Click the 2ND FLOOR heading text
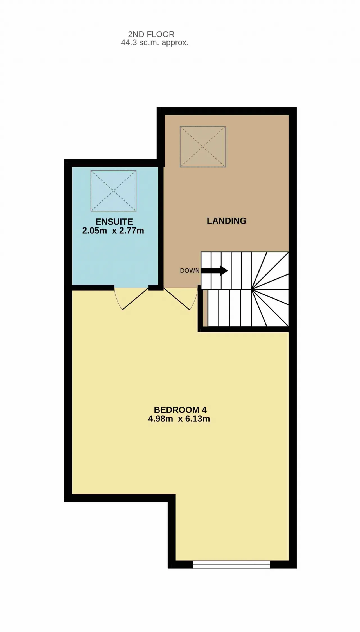pyautogui.click(x=151, y=34)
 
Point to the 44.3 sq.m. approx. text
pyautogui.click(x=155, y=43)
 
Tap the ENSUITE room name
pyautogui.click(x=114, y=222)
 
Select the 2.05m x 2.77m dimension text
pyautogui.click(x=113, y=231)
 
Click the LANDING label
pyautogui.click(x=227, y=221)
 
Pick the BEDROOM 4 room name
pyautogui.click(x=180, y=410)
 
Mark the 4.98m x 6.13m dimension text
pyautogui.click(x=179, y=419)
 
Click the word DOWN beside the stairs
pyautogui.click(x=190, y=270)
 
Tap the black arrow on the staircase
pyautogui.click(x=215, y=270)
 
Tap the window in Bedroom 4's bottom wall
pyautogui.click(x=231, y=564)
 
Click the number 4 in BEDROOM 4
pyautogui.click(x=204, y=410)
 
